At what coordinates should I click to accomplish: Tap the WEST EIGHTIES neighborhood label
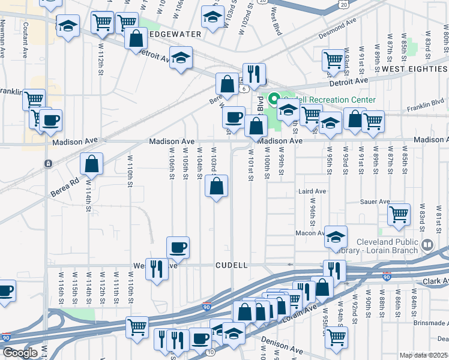414,70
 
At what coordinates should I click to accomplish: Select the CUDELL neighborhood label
232,265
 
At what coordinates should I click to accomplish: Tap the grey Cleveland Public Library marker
427,244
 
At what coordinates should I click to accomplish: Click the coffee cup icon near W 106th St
178,247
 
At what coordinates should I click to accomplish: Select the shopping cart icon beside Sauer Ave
399,214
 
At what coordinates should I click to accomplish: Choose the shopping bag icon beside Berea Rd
92,163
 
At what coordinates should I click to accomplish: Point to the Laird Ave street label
312,191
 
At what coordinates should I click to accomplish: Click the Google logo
20,353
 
